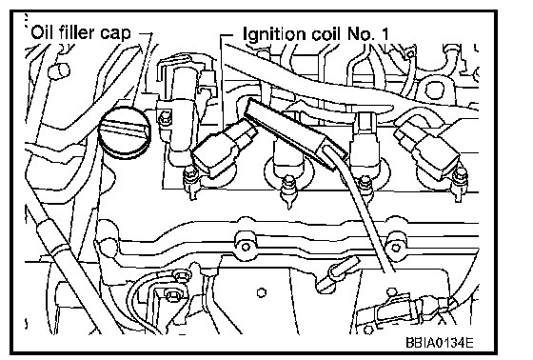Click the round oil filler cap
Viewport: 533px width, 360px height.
tap(125, 132)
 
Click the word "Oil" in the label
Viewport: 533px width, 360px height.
tap(42, 32)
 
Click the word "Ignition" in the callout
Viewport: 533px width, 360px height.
tap(269, 34)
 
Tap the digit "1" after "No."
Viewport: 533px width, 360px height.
tap(385, 33)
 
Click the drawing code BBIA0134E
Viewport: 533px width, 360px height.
tap(439, 342)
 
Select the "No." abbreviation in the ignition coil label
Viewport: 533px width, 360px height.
tap(361, 34)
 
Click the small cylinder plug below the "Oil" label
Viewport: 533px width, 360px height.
tap(59, 71)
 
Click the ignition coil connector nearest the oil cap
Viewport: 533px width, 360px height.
tap(223, 150)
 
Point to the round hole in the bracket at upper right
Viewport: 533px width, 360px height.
tap(434, 90)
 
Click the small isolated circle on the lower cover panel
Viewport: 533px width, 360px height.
tap(261, 292)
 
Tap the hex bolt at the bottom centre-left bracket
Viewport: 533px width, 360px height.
tap(170, 293)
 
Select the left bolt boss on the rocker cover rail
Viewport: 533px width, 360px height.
tap(246, 246)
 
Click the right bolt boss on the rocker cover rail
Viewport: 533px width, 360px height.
tap(395, 246)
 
